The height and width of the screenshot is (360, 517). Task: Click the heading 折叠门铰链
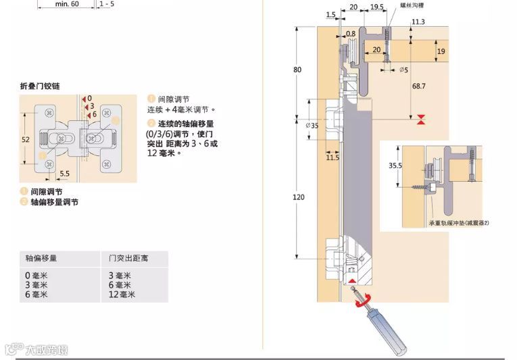click(x=41, y=86)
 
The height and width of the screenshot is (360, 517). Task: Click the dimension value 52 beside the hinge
click(x=26, y=139)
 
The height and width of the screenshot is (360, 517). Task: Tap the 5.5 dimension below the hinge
click(x=64, y=174)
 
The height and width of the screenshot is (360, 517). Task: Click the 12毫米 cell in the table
click(x=122, y=294)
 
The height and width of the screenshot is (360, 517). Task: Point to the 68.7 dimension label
click(x=419, y=86)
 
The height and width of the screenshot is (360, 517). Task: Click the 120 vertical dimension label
click(x=299, y=197)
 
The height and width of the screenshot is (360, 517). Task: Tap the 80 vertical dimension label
click(x=298, y=70)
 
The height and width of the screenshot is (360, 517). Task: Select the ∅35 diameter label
click(x=312, y=125)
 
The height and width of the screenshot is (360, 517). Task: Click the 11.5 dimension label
click(x=333, y=157)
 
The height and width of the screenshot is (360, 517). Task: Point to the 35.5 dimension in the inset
click(x=395, y=165)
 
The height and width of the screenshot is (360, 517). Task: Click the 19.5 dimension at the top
click(x=377, y=7)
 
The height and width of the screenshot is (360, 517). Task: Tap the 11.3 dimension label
click(x=418, y=22)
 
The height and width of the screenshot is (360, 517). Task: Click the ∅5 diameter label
click(x=403, y=69)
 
